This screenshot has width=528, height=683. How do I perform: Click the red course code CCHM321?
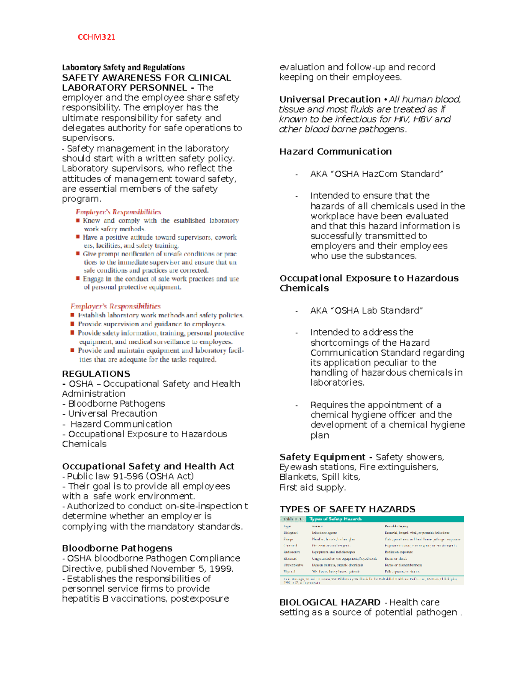click(96, 37)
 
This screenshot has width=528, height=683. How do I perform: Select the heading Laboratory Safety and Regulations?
click(123, 67)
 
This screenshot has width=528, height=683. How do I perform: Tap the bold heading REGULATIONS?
click(96, 374)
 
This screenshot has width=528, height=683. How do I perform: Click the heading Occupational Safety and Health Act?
click(148, 466)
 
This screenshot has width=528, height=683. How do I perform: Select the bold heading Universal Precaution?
click(330, 99)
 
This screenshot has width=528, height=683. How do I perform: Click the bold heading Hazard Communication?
click(335, 152)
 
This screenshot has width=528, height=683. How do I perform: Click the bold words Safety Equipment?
click(322, 457)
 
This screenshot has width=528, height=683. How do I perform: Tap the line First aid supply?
click(312, 488)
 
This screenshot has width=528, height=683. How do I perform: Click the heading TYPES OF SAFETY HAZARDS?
click(347, 509)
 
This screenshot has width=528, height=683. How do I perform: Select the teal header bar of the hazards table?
click(372, 519)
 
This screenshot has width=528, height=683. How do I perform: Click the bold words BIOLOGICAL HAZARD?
click(330, 603)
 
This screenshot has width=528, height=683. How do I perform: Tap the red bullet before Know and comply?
click(78, 221)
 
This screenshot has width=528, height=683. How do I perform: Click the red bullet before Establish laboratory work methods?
click(73, 315)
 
